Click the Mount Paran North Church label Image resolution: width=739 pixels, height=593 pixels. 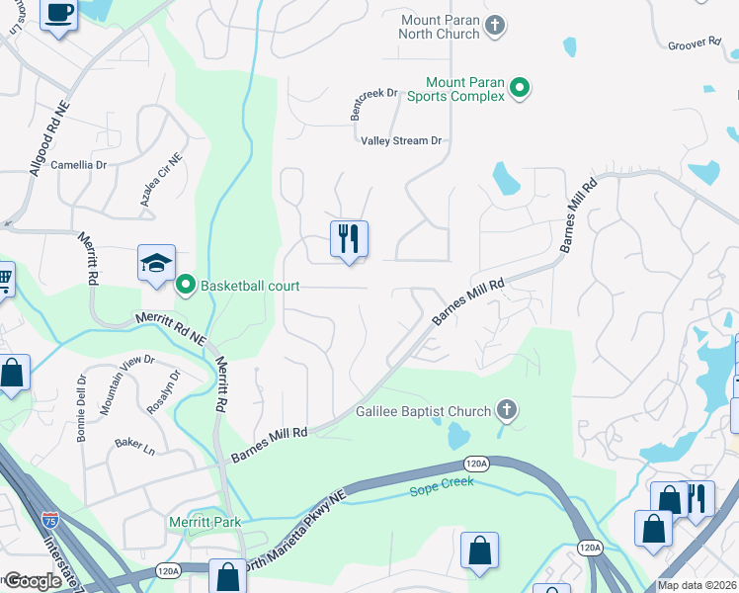point(440,27)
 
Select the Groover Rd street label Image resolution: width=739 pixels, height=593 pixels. point(694,43)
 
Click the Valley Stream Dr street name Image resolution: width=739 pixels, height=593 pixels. point(401,141)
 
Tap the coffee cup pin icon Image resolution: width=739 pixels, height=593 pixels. point(59,14)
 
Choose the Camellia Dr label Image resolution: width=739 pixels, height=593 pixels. point(78,165)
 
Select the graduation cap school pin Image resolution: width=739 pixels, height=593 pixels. point(156,263)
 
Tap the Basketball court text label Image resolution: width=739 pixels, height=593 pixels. point(250,287)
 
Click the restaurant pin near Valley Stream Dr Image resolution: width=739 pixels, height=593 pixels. point(349,239)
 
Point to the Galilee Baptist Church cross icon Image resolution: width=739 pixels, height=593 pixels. point(506,411)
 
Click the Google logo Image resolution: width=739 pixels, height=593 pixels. point(33,581)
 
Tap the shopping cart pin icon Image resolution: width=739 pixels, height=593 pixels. point(4,281)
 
